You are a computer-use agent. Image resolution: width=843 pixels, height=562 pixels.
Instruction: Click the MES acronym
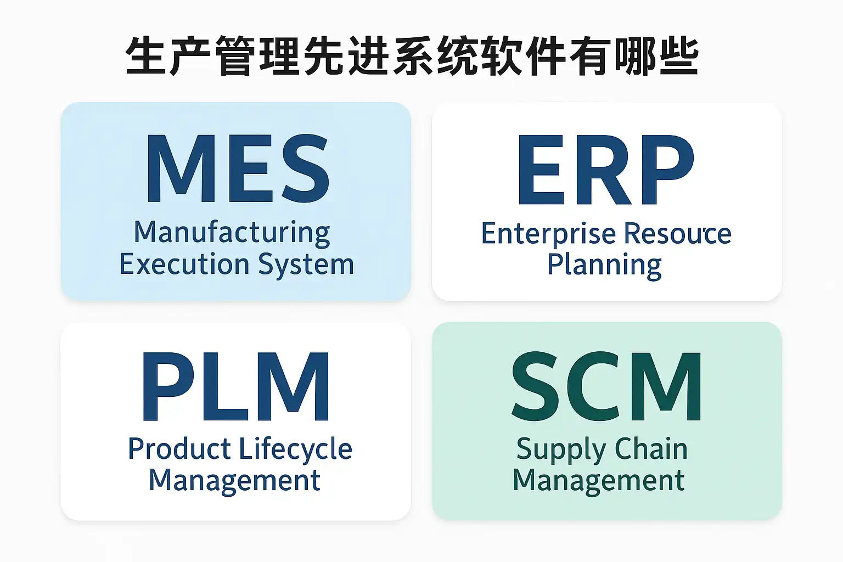[x=237, y=168]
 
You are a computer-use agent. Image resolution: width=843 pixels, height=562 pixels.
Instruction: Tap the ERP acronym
[x=606, y=170]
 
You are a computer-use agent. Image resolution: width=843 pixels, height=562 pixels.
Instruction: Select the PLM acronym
[x=236, y=386]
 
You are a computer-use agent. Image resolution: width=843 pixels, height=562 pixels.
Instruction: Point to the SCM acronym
[x=606, y=386]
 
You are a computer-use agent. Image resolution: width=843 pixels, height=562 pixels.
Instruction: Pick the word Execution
[x=184, y=265]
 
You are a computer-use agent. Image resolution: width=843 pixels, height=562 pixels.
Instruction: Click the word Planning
[x=604, y=266]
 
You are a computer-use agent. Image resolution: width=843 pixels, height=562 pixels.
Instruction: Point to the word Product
[x=179, y=449]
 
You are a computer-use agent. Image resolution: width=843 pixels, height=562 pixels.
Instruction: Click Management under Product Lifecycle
[x=234, y=481]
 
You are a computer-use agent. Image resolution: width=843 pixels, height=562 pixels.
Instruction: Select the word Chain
[x=651, y=449]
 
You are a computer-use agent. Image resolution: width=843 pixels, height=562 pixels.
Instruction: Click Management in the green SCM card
[x=598, y=481]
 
